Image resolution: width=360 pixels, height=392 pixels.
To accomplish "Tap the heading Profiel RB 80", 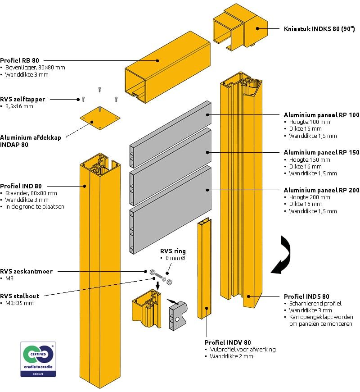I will (19, 60).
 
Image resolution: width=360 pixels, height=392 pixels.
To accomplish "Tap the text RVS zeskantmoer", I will (27, 271).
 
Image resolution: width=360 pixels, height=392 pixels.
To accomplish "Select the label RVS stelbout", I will (20, 296).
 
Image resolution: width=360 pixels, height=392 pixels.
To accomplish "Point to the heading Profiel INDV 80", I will (228, 342).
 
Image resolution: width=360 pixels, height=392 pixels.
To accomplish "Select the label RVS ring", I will (173, 251).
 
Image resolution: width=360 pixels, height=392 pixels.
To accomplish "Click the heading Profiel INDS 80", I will (306, 296).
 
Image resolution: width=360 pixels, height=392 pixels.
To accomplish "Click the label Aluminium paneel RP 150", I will (321, 152).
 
